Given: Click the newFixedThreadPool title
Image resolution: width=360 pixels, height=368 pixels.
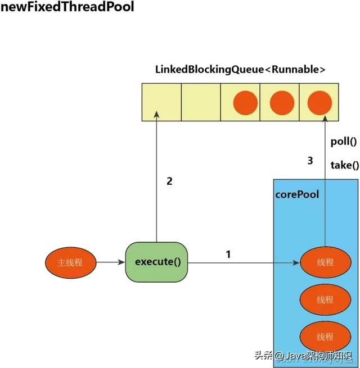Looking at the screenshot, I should [67, 8].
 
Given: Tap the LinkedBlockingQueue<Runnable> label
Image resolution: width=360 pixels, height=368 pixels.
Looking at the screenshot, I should [241, 69].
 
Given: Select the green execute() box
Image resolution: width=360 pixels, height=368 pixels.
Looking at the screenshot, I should [156, 262].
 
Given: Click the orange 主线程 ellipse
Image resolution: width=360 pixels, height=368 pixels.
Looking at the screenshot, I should [70, 262].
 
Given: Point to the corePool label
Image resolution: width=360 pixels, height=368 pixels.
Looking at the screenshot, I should [297, 194].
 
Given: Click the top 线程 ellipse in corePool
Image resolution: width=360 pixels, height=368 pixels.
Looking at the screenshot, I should [325, 262].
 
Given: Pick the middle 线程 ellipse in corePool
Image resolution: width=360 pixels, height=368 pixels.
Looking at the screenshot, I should [325, 299].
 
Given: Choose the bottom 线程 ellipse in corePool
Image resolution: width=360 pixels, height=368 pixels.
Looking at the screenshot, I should [325, 337].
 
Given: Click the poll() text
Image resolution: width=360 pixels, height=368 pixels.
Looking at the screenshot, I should [344, 142].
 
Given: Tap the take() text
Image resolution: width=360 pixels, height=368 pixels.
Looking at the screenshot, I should [344, 165].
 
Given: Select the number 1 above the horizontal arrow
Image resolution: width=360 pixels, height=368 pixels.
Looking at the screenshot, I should [228, 254].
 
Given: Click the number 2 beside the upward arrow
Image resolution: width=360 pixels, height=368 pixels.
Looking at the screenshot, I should [169, 181].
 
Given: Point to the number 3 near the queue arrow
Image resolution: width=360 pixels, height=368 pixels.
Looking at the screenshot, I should [310, 161].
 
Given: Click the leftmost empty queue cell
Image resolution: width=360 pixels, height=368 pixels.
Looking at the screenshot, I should [161, 102].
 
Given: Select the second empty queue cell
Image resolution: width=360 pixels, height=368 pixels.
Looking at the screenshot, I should [201, 102].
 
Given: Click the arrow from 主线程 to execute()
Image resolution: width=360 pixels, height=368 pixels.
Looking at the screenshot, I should [111, 262].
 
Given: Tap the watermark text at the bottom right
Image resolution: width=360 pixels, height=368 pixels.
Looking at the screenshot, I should [306, 355].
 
